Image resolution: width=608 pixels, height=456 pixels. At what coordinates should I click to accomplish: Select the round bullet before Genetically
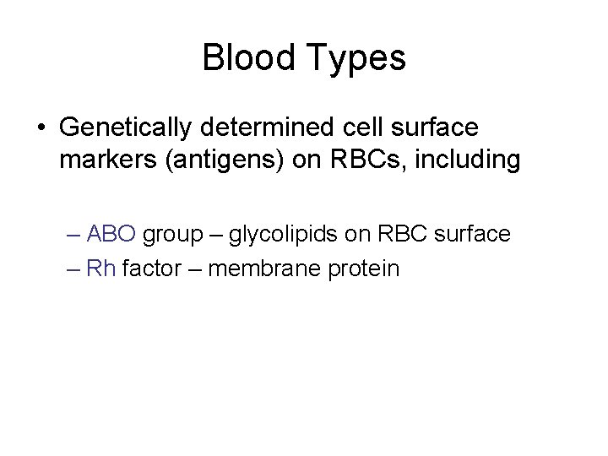(x=41, y=128)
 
